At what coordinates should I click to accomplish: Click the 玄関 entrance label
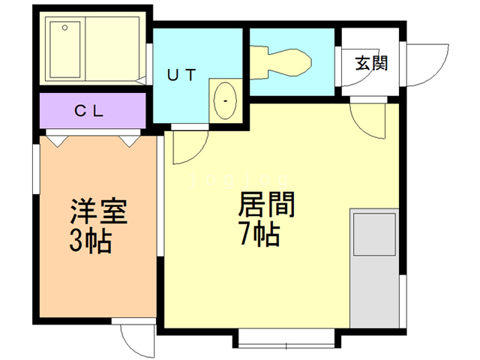[x=371, y=63]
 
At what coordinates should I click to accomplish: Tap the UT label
[x=181, y=75]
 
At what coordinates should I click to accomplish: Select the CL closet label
[x=88, y=111]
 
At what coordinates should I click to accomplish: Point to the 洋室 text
[x=98, y=211]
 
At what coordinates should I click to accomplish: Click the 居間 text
[x=266, y=204]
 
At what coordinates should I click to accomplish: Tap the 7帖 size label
[x=260, y=233]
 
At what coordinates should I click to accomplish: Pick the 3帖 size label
[x=90, y=241]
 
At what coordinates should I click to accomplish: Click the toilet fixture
[x=280, y=63]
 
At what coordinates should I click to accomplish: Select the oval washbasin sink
[x=225, y=100]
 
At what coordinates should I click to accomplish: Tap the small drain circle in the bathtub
[x=64, y=28]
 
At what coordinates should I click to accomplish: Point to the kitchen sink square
[x=374, y=235]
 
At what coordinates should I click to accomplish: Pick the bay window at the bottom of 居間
[x=286, y=338]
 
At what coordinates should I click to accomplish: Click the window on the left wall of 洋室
[x=36, y=169]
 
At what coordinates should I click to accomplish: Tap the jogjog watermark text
[x=239, y=180]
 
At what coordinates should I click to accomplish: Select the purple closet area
[x=93, y=111]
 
